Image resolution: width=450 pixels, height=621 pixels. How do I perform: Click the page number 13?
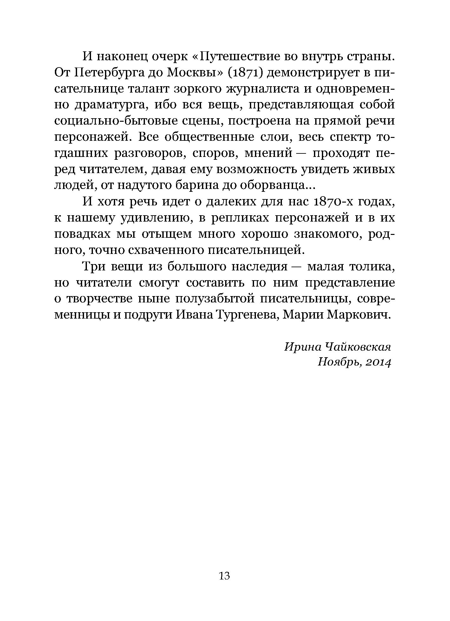tap(224, 575)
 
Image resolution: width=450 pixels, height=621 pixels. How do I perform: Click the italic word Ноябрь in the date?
tap(338, 362)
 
